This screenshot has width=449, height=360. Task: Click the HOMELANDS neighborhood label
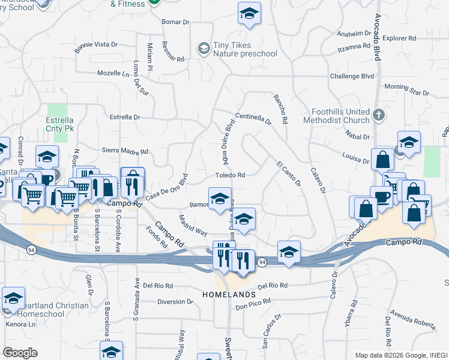[229, 295]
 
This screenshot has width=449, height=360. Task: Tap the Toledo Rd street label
[231, 175]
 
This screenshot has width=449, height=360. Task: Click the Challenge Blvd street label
[352, 76]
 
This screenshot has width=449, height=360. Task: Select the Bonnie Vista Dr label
[96, 46]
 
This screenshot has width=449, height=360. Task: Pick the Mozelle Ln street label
[113, 73]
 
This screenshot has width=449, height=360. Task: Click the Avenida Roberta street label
[412, 317]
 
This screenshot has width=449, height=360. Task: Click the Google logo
[20, 353]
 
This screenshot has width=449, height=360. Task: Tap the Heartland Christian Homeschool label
[53, 310]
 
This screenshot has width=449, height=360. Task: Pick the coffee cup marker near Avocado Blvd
[382, 197]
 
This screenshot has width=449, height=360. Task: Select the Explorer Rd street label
[399, 38]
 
